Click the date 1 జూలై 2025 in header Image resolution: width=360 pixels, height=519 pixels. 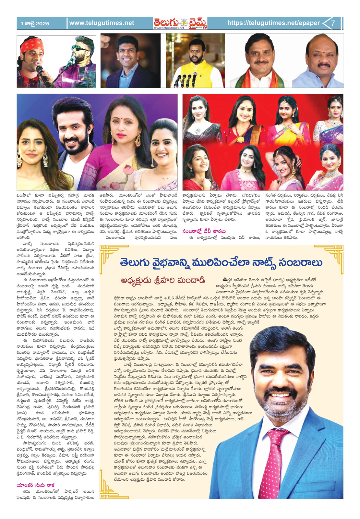pos(35,23)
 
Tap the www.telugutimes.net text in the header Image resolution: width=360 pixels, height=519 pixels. pos(102,23)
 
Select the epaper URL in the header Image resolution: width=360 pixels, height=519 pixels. pos(273,23)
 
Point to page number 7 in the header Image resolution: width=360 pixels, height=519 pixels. pos(333,23)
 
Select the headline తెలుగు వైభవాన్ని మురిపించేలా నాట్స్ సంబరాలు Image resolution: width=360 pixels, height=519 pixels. pos(221,262)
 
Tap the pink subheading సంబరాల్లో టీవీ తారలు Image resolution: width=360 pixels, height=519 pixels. pos(204,231)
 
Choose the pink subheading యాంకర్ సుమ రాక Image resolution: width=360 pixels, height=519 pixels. pos(36,485)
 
